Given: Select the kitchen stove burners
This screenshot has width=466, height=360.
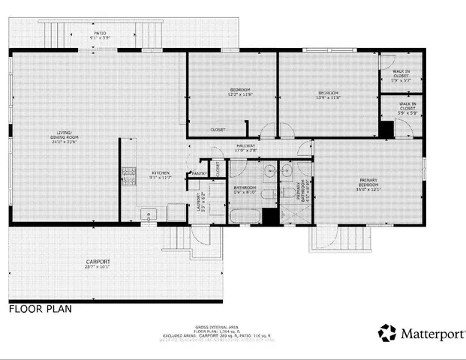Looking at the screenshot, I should click(x=128, y=177).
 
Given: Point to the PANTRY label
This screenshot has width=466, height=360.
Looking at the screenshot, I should click(x=200, y=173).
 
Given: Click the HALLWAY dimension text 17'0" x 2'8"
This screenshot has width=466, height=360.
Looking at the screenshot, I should click(x=246, y=150).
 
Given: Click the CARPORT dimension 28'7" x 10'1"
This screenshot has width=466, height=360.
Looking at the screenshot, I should click(x=98, y=266).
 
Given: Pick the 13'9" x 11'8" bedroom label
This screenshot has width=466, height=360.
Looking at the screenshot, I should click(x=327, y=95).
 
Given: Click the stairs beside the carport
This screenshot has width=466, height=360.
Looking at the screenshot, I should click(x=179, y=241).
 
